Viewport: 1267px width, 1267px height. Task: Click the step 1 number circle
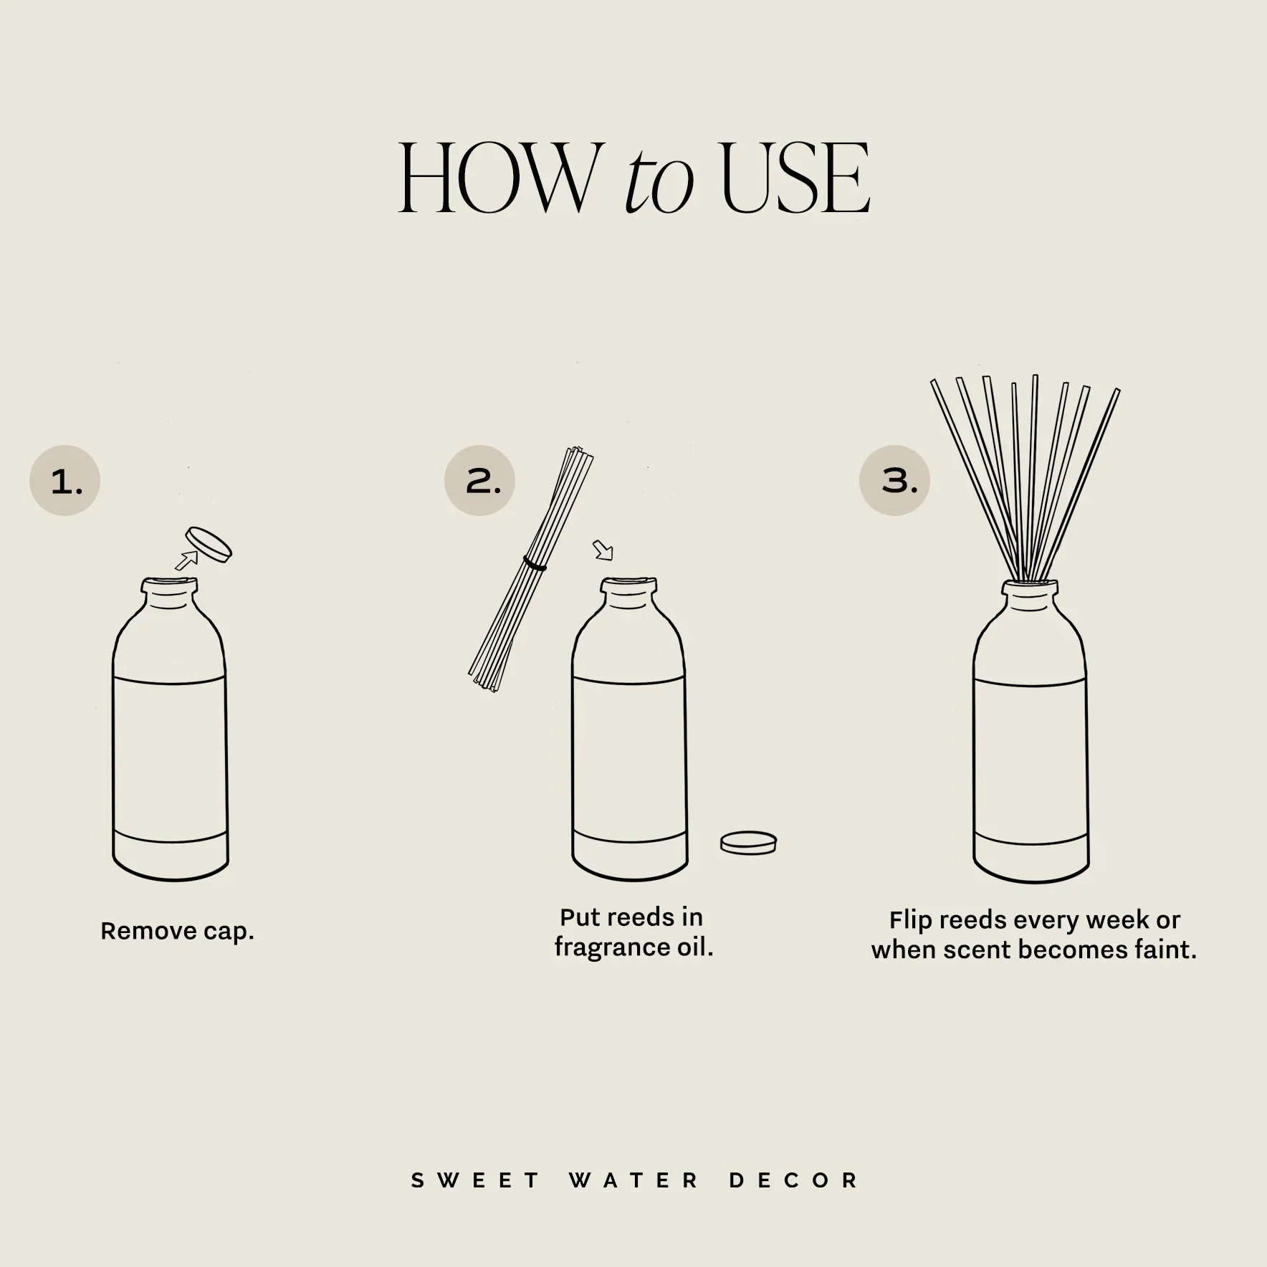click(64, 481)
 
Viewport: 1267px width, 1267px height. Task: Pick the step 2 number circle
click(479, 481)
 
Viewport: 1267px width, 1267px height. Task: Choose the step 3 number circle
click(894, 481)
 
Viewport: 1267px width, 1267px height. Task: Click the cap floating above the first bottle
click(209, 544)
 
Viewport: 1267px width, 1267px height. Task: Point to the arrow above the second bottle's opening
click(603, 550)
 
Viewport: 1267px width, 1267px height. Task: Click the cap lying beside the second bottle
click(748, 842)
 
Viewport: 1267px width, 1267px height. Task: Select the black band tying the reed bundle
click(535, 565)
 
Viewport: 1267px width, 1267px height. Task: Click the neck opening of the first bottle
click(169, 585)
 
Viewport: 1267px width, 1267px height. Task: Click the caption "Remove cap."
click(177, 932)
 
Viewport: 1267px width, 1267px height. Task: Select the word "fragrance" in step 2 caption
click(611, 947)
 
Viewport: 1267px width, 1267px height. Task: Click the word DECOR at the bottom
click(793, 1181)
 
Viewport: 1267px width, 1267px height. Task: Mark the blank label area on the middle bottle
click(629, 760)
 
